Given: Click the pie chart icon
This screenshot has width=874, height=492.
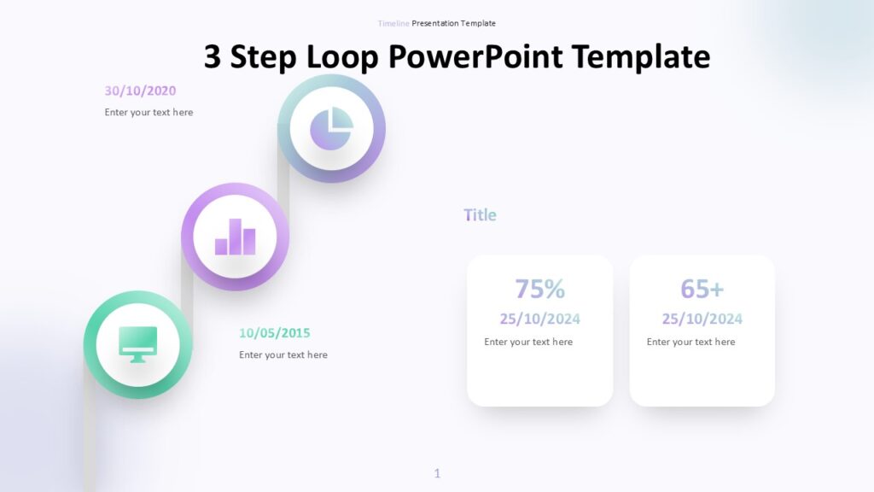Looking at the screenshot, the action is pyautogui.click(x=332, y=129).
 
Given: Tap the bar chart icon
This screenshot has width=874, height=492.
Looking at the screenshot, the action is pyautogui.click(x=236, y=237).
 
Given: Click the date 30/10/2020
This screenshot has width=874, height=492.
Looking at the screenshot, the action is pyautogui.click(x=141, y=91).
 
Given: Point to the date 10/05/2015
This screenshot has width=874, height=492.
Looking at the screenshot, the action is pyautogui.click(x=274, y=333).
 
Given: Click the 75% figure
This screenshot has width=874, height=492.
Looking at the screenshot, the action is pyautogui.click(x=539, y=289).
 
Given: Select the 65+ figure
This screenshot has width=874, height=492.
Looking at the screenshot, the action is pyautogui.click(x=702, y=289).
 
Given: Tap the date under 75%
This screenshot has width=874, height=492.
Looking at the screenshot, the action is pyautogui.click(x=539, y=319).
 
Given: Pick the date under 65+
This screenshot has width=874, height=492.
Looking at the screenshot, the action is pyautogui.click(x=702, y=319).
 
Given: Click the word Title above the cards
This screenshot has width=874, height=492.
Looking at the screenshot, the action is pyautogui.click(x=480, y=214).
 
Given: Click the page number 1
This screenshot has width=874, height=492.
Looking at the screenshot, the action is pyautogui.click(x=437, y=473).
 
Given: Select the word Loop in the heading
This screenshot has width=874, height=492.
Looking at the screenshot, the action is pyautogui.click(x=342, y=57).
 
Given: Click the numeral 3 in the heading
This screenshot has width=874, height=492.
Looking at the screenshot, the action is pyautogui.click(x=212, y=56).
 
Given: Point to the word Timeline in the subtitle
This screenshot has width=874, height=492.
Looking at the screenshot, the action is pyautogui.click(x=393, y=23).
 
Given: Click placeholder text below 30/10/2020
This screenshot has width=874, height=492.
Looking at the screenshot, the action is pyautogui.click(x=149, y=112).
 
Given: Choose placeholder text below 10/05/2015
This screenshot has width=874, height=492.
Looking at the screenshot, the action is pyautogui.click(x=283, y=354).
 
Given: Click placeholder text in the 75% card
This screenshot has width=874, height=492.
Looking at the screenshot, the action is pyautogui.click(x=528, y=342).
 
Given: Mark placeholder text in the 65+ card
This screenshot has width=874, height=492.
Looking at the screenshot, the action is pyautogui.click(x=690, y=342).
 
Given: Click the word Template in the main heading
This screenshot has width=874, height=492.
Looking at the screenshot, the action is pyautogui.click(x=641, y=57).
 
